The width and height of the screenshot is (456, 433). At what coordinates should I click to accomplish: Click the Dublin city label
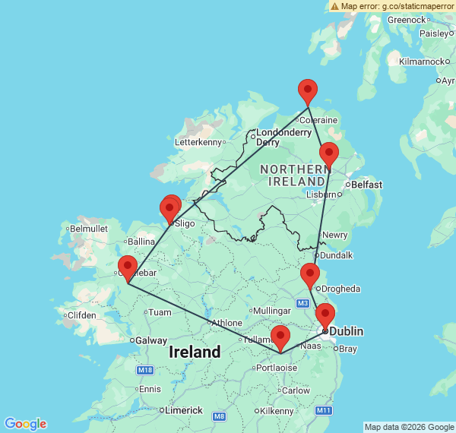click(346, 332)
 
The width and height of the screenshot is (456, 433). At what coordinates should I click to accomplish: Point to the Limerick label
click(184, 410)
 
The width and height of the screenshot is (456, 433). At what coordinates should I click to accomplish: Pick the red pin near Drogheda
click(309, 276)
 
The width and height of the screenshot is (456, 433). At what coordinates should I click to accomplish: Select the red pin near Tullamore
click(280, 337)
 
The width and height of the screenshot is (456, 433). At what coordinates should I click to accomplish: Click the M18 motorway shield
click(144, 370)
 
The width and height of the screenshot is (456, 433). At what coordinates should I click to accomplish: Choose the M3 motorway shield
click(303, 304)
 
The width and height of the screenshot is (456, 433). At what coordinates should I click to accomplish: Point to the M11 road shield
click(325, 410)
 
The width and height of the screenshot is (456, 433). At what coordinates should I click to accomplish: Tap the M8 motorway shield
click(220, 416)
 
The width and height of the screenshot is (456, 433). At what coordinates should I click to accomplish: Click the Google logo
click(25, 424)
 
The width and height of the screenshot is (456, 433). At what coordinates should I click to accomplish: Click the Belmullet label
click(89, 228)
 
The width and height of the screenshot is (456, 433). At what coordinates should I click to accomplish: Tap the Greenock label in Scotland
click(407, 20)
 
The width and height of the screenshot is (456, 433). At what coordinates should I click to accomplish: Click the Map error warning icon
click(335, 6)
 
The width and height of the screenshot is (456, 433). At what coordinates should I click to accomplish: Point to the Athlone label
click(226, 322)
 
